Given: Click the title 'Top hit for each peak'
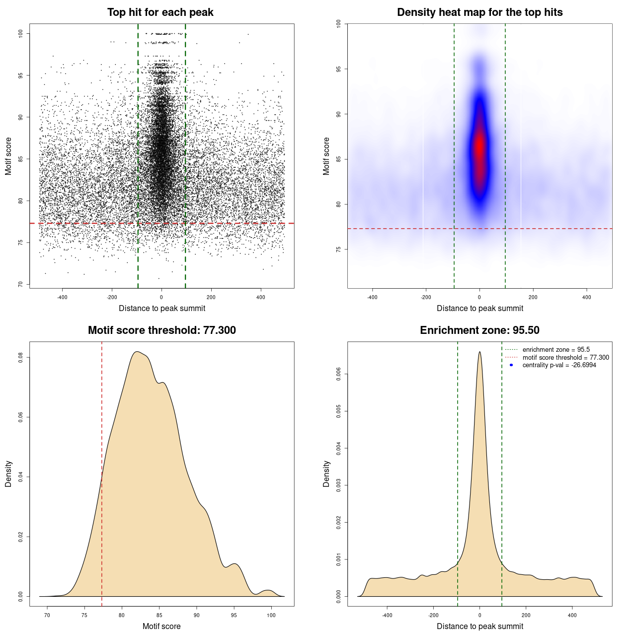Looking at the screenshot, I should click(160, 12).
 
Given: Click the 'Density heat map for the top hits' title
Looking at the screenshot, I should click(479, 12).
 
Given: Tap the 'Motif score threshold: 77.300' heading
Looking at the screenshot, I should click(161, 330).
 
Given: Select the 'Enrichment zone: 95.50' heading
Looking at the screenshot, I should click(479, 330).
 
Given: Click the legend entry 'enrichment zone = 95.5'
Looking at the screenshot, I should click(556, 350).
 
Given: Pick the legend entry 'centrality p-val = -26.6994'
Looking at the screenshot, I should click(559, 365).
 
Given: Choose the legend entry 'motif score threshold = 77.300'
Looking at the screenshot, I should click(565, 358).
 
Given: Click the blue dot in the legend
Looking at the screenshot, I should click(511, 365).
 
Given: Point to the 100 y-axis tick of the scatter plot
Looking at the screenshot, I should click(20, 33).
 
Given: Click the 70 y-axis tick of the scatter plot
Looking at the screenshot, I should click(20, 284).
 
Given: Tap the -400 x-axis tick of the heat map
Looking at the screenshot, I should click(372, 297).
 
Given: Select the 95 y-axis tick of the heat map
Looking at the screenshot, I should click(338, 69).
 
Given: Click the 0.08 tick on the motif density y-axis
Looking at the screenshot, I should click(20, 357).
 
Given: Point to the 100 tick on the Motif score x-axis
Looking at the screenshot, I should click(271, 615).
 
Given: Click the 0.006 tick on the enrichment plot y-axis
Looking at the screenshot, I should click(338, 374).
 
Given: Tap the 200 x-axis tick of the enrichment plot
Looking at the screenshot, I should click(526, 615).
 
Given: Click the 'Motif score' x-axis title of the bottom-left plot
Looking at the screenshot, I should click(161, 626).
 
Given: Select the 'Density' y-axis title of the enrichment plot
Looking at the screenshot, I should click(326, 474).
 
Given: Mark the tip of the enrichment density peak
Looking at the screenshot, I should click(479, 352).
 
